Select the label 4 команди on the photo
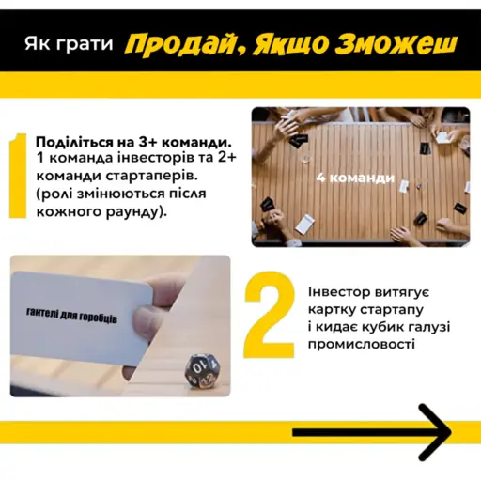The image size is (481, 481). tap(345, 176)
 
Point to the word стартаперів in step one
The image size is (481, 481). tap(151, 175)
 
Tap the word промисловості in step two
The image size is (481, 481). tap(360, 345)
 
